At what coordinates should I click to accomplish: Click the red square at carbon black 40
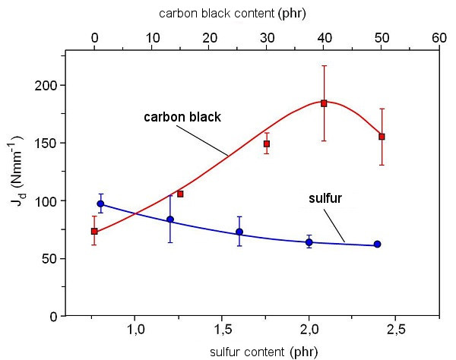(324, 103)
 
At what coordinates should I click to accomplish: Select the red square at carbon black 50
(382, 137)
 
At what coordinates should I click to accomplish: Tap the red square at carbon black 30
(267, 144)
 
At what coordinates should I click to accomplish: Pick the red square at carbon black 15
(180, 194)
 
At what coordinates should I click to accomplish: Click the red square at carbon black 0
(94, 232)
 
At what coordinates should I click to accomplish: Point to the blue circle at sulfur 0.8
(100, 204)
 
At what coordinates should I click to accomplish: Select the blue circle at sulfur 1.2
(170, 219)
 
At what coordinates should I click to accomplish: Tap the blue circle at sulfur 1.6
(239, 232)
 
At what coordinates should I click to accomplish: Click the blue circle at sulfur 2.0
(309, 242)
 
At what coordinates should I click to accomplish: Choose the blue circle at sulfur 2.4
(378, 244)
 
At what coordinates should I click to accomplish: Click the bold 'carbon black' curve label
(182, 117)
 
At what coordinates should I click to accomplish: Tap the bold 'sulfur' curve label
(325, 198)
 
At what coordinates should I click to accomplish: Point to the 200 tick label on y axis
(47, 85)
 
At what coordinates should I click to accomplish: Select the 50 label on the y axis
(50, 258)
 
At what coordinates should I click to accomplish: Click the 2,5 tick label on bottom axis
(395, 330)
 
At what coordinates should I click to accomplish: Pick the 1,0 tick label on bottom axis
(135, 330)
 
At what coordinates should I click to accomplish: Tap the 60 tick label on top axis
(439, 38)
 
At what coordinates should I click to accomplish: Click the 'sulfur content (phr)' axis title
(264, 352)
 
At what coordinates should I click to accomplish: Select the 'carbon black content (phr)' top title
(233, 14)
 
